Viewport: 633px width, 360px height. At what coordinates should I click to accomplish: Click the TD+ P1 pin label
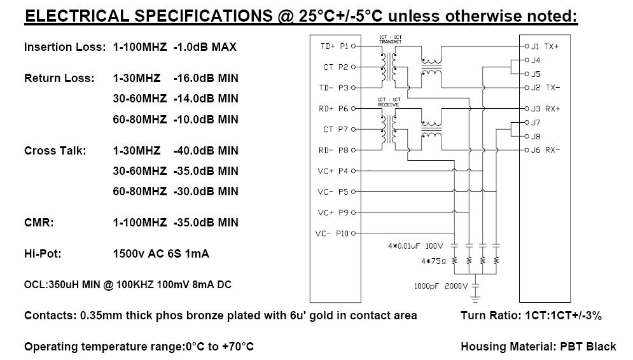(334, 46)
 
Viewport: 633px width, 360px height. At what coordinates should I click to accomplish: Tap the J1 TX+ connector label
(545, 46)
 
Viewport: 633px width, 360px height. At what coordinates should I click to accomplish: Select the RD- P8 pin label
(333, 150)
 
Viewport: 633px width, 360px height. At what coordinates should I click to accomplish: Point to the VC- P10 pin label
(331, 233)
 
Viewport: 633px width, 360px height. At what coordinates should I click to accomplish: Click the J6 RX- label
(545, 150)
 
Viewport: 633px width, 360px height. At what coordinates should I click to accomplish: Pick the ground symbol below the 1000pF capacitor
(476, 299)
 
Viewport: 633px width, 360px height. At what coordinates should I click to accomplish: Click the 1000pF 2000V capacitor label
(440, 286)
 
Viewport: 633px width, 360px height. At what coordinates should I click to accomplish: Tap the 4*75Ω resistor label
(434, 261)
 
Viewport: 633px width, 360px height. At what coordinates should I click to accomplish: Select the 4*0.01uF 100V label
(415, 246)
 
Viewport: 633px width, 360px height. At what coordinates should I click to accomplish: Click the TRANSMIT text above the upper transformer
(391, 41)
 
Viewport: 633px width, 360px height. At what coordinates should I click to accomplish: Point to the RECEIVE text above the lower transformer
(388, 104)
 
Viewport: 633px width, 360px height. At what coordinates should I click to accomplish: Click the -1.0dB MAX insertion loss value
(205, 47)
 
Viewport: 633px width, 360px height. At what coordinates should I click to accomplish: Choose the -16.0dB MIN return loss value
(206, 78)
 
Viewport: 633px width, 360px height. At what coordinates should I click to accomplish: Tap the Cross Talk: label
(55, 151)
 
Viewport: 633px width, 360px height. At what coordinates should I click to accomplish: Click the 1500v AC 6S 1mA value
(161, 254)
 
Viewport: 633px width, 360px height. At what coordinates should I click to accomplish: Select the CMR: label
(39, 223)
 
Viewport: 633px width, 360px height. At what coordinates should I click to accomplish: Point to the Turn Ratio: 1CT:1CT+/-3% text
(531, 315)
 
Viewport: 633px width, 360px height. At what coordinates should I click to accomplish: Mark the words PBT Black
(588, 347)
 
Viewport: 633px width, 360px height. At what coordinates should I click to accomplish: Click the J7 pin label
(536, 122)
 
